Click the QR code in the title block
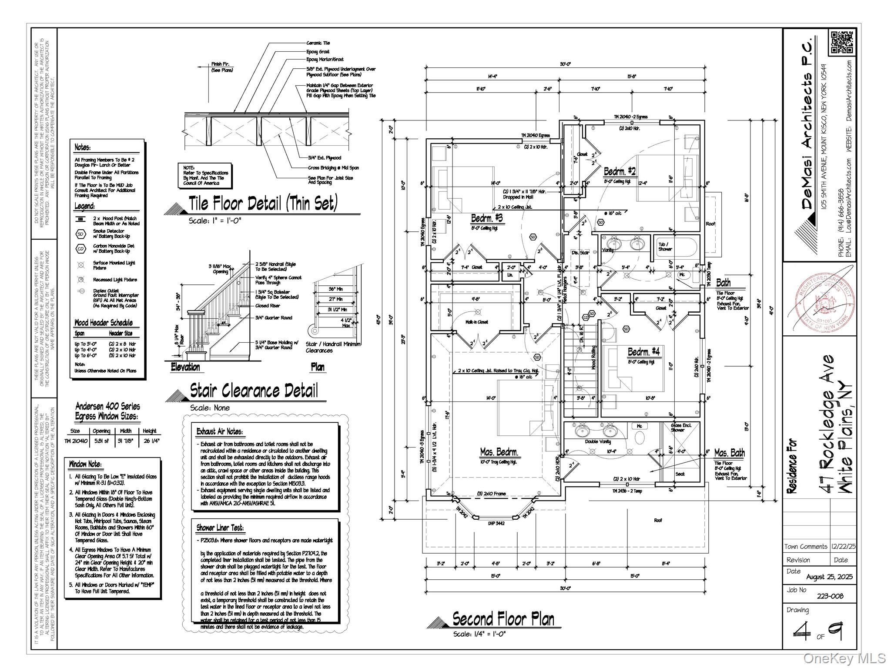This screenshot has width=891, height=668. click(841, 42)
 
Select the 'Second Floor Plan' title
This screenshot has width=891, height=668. click(503, 618)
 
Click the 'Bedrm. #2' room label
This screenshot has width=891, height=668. click(620, 171)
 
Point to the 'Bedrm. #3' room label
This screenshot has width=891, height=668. click(487, 218)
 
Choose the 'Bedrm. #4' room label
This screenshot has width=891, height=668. click(643, 351)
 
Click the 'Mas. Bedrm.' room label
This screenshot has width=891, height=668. click(499, 452)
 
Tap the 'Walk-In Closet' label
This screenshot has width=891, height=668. click(476, 322)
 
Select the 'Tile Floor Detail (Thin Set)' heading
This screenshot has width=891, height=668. click(263, 204)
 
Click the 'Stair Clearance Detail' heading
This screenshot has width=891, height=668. click(254, 391)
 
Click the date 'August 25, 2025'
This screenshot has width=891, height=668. click(829, 577)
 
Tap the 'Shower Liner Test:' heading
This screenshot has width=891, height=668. click(220, 528)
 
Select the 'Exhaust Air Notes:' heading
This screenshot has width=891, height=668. click(219, 432)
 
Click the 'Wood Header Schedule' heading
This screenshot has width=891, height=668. click(104, 323)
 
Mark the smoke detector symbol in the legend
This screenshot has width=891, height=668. click(81, 234)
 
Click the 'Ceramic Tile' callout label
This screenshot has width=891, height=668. click(318, 43)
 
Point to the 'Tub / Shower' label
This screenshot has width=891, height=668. click(665, 247)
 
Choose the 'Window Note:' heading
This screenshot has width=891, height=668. click(85, 464)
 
